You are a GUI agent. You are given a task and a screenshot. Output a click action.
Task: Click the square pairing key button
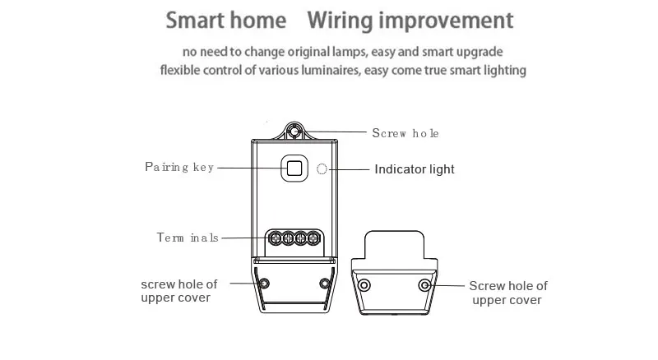pyautogui.click(x=293, y=168)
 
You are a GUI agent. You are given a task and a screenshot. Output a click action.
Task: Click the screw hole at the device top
pyautogui.click(x=293, y=132)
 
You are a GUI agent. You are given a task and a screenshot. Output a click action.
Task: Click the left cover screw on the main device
pyautogui.click(x=263, y=284)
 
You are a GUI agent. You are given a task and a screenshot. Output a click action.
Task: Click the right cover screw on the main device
pyautogui.click(x=326, y=284)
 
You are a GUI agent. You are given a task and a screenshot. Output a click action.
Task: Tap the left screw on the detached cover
pyautogui.click(x=364, y=285)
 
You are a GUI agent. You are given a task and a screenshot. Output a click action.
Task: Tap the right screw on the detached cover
pyautogui.click(x=424, y=285)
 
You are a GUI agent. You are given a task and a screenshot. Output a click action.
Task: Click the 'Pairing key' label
pyautogui.click(x=179, y=167)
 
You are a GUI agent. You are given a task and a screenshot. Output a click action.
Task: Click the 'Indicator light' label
pyautogui.click(x=415, y=169)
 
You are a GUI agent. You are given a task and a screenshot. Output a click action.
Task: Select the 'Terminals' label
pyautogui.click(x=188, y=238)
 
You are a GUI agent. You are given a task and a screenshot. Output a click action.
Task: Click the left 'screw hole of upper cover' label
pyautogui.click(x=179, y=290)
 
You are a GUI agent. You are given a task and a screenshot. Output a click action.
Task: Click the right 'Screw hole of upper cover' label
pyautogui.click(x=507, y=293)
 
